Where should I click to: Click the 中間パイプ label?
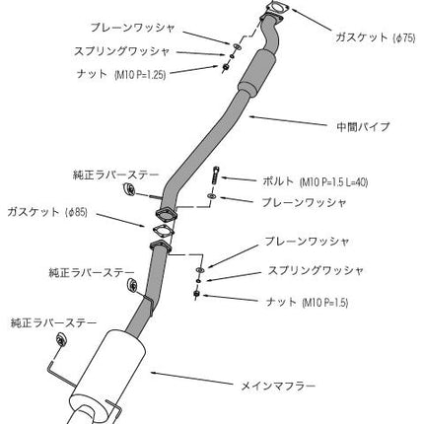(x=363, y=126)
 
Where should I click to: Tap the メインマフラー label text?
(x=278, y=386)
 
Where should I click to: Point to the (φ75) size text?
(x=404, y=37)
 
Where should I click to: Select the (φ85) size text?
(x=77, y=212)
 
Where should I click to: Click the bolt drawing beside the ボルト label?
(x=215, y=177)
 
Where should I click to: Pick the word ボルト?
(x=278, y=181)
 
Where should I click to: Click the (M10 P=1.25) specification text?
(x=140, y=75)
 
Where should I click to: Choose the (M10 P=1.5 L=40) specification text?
(x=333, y=181)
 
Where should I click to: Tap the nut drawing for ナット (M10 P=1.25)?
(x=226, y=67)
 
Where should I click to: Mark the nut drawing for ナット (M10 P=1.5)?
(x=196, y=294)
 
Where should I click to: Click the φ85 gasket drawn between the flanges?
(x=163, y=231)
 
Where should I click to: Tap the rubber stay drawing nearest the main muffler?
(x=61, y=339)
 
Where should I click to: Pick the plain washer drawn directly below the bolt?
(x=211, y=196)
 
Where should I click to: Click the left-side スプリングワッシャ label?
(x=121, y=51)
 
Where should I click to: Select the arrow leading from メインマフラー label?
(x=193, y=378)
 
